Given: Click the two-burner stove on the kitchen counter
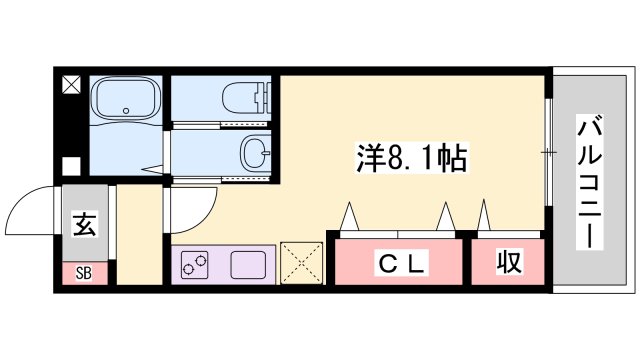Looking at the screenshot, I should click(195, 264).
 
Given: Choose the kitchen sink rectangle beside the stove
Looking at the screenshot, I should click(247, 264).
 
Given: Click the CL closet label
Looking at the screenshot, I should click(400, 264).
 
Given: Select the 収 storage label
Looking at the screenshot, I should click(508, 264).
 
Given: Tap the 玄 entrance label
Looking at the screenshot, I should click(85, 225).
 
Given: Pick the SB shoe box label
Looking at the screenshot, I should click(84, 271).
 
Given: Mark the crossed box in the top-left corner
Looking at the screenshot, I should click(70, 86).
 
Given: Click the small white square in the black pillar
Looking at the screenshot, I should click(70, 166).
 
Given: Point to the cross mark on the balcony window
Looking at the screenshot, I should click(547, 152).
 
